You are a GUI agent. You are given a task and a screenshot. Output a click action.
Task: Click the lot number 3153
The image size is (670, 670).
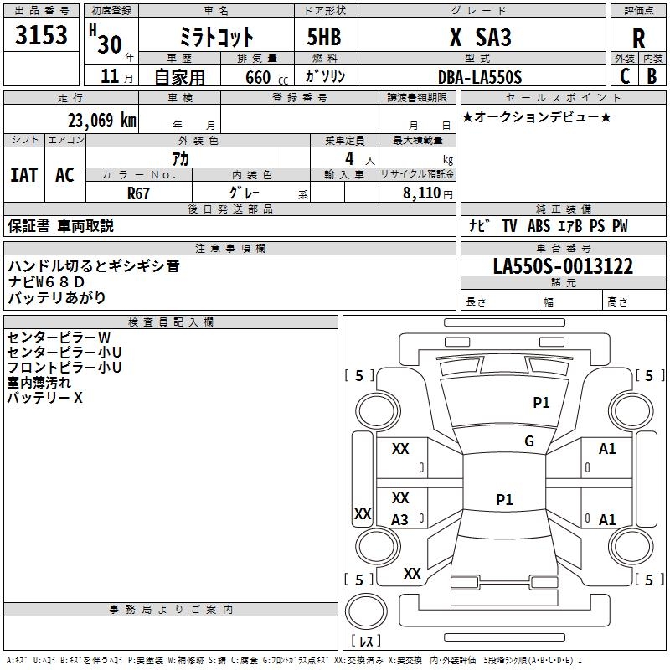pyautogui.click(x=41, y=35)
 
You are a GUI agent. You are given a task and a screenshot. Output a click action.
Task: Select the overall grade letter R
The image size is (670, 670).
pyautogui.click(x=638, y=39)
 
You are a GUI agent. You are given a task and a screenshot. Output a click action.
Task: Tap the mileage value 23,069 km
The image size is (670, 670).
pyautogui.click(x=101, y=121)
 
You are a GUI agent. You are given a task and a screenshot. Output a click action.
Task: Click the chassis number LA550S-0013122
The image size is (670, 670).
pyautogui.click(x=563, y=266)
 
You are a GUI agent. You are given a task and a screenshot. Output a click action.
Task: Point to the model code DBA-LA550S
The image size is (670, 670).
pyautogui.click(x=480, y=77)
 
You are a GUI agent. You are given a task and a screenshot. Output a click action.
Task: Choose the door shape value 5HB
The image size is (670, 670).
pyautogui.click(x=324, y=37)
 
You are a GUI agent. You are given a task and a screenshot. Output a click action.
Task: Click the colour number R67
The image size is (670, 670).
pyautogui.click(x=138, y=193)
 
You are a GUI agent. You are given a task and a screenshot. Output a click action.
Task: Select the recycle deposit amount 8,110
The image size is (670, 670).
pyautogui.click(x=422, y=193)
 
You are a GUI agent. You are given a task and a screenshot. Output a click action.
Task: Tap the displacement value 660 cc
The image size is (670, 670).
pyautogui.click(x=266, y=78)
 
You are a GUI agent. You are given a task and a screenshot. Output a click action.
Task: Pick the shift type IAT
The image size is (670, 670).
pyautogui.click(x=24, y=175)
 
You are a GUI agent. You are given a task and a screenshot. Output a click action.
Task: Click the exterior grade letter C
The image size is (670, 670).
pyautogui.click(x=625, y=76)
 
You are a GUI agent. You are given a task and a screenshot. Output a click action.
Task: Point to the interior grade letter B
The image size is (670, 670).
pyautogui.click(x=652, y=76)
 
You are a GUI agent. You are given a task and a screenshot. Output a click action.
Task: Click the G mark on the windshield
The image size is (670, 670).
pyautogui.click(x=529, y=441)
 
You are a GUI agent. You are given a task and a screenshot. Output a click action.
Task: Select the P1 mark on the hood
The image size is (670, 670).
pyautogui.click(x=541, y=402)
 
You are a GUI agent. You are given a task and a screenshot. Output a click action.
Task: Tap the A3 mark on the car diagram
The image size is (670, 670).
pyautogui.click(x=399, y=519)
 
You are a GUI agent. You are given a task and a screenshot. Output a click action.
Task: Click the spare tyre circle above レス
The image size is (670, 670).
pyautogui.click(x=366, y=611)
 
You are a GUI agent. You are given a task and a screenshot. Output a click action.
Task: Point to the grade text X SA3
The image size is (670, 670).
pyautogui.click(x=480, y=37)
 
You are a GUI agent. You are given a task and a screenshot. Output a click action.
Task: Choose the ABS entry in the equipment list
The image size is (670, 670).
pyautogui.click(x=539, y=226)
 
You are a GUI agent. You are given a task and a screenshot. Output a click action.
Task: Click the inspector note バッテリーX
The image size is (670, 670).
pyautogui.click(x=44, y=398)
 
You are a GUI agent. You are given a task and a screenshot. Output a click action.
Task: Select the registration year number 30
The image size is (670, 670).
pyautogui.click(x=110, y=44)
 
